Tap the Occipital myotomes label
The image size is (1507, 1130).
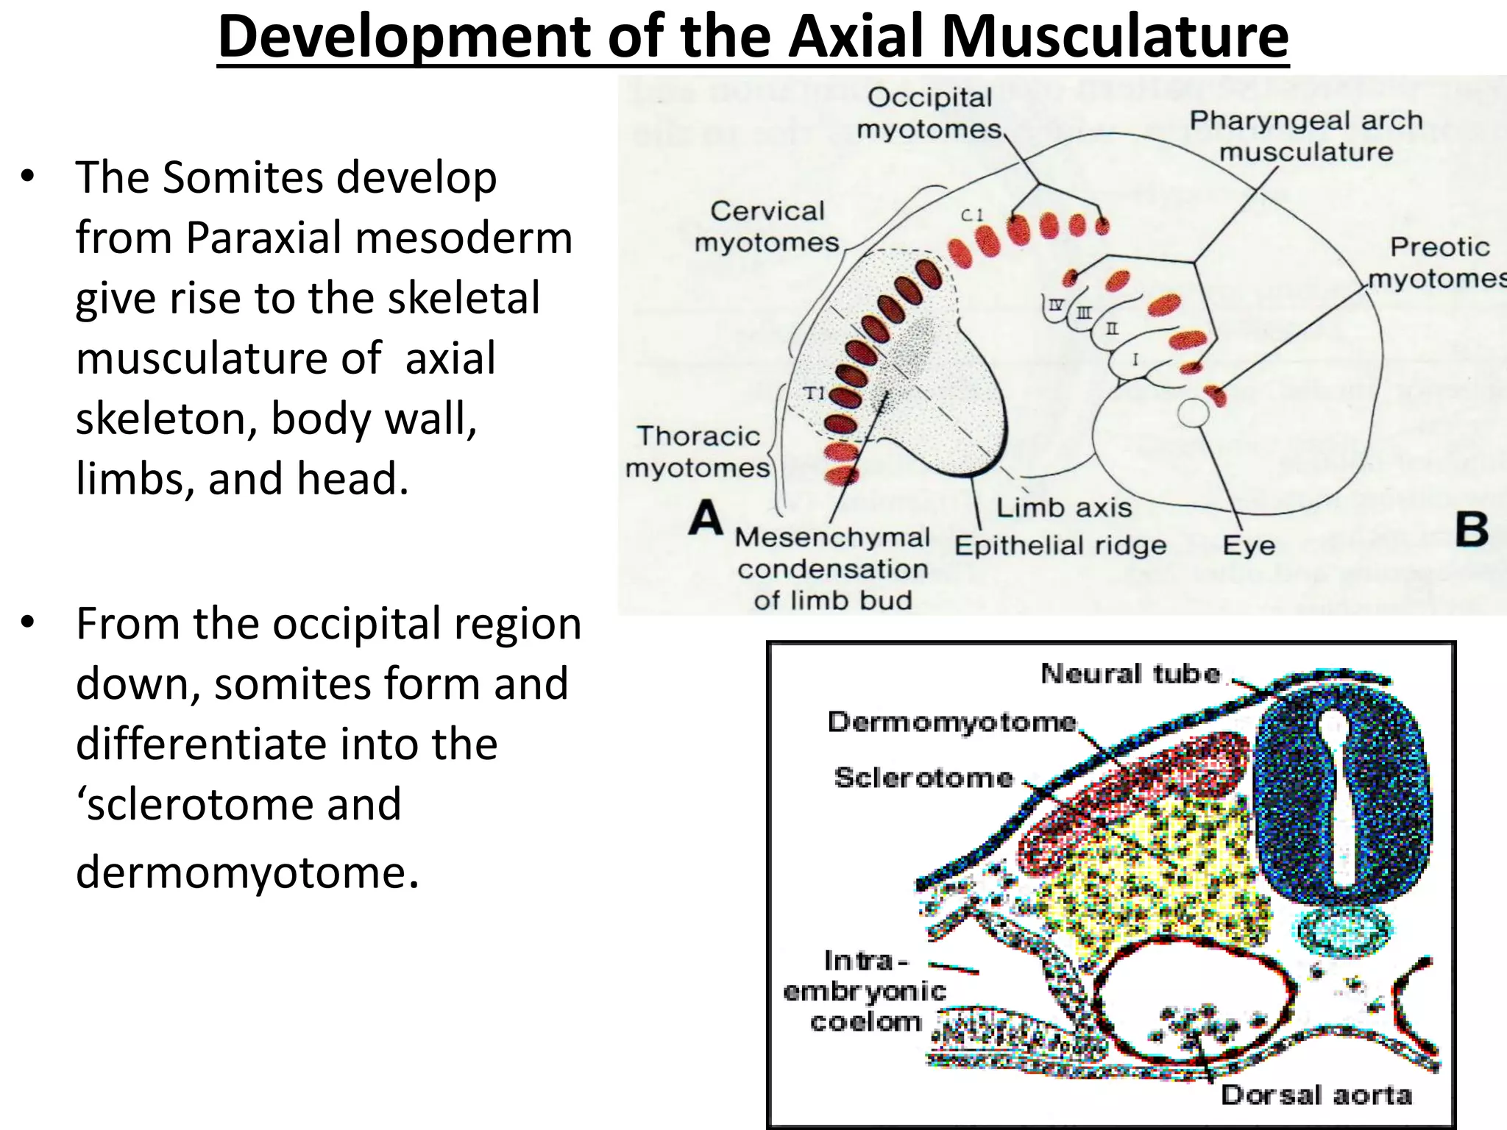coord(929,113)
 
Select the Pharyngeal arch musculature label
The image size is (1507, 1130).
coord(1306,136)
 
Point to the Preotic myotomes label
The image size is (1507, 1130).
coord(1438,263)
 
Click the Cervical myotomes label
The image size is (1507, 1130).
coord(767,227)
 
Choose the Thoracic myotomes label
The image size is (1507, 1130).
coord(697,452)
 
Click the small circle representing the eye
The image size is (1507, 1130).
coord(1193,413)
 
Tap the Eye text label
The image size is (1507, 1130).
coord(1249,546)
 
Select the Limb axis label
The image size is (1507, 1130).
coord(1063,508)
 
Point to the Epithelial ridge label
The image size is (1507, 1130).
coord(1060,546)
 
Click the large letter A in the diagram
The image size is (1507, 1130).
coord(705,519)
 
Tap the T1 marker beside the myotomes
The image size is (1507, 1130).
coord(813,394)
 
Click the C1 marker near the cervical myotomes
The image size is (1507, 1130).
coord(971,215)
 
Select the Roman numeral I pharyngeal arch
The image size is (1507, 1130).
coord(1135,360)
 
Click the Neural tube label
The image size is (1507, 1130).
coord(1130,673)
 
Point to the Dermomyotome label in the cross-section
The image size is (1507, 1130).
coord(951,722)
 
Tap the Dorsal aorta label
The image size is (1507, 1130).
coord(1316,1095)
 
